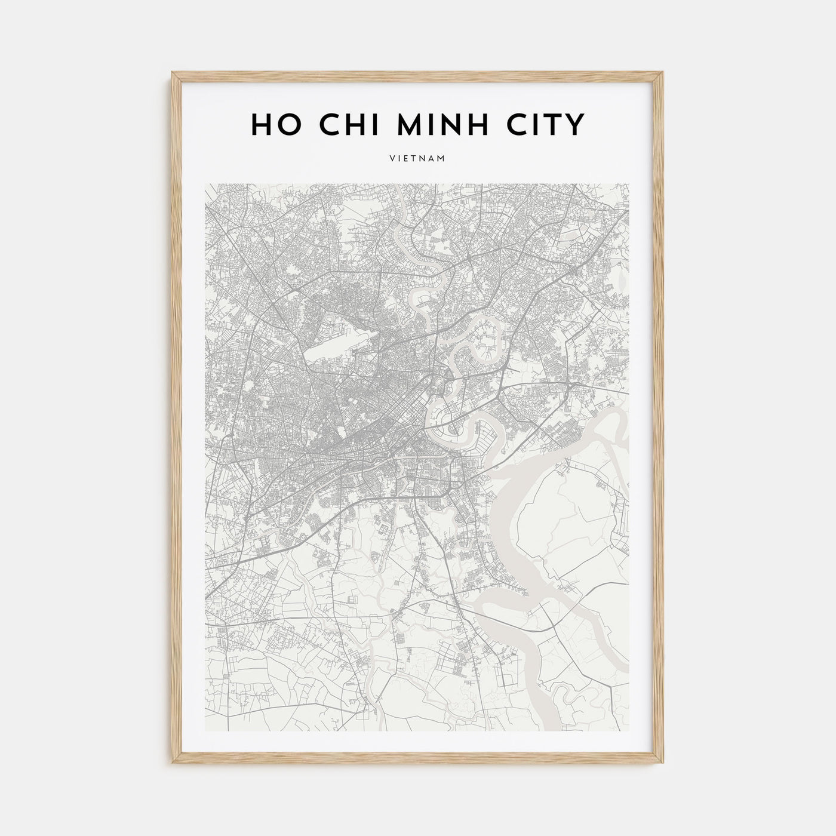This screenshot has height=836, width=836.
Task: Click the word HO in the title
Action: click(x=271, y=124)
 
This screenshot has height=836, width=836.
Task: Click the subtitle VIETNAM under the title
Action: click(x=418, y=159)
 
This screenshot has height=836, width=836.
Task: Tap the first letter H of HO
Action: click(x=260, y=124)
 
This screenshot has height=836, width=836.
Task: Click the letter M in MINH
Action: click(x=399, y=124)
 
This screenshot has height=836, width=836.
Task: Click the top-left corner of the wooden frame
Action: click(x=172, y=73)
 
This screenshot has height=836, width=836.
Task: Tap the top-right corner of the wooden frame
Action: click(x=664, y=73)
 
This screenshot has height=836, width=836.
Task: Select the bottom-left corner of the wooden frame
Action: click(x=172, y=765)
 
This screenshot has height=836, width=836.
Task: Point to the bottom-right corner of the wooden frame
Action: click(x=664, y=765)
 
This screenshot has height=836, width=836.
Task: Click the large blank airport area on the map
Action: click(x=328, y=352)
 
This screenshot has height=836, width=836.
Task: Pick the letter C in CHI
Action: click(x=320, y=124)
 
